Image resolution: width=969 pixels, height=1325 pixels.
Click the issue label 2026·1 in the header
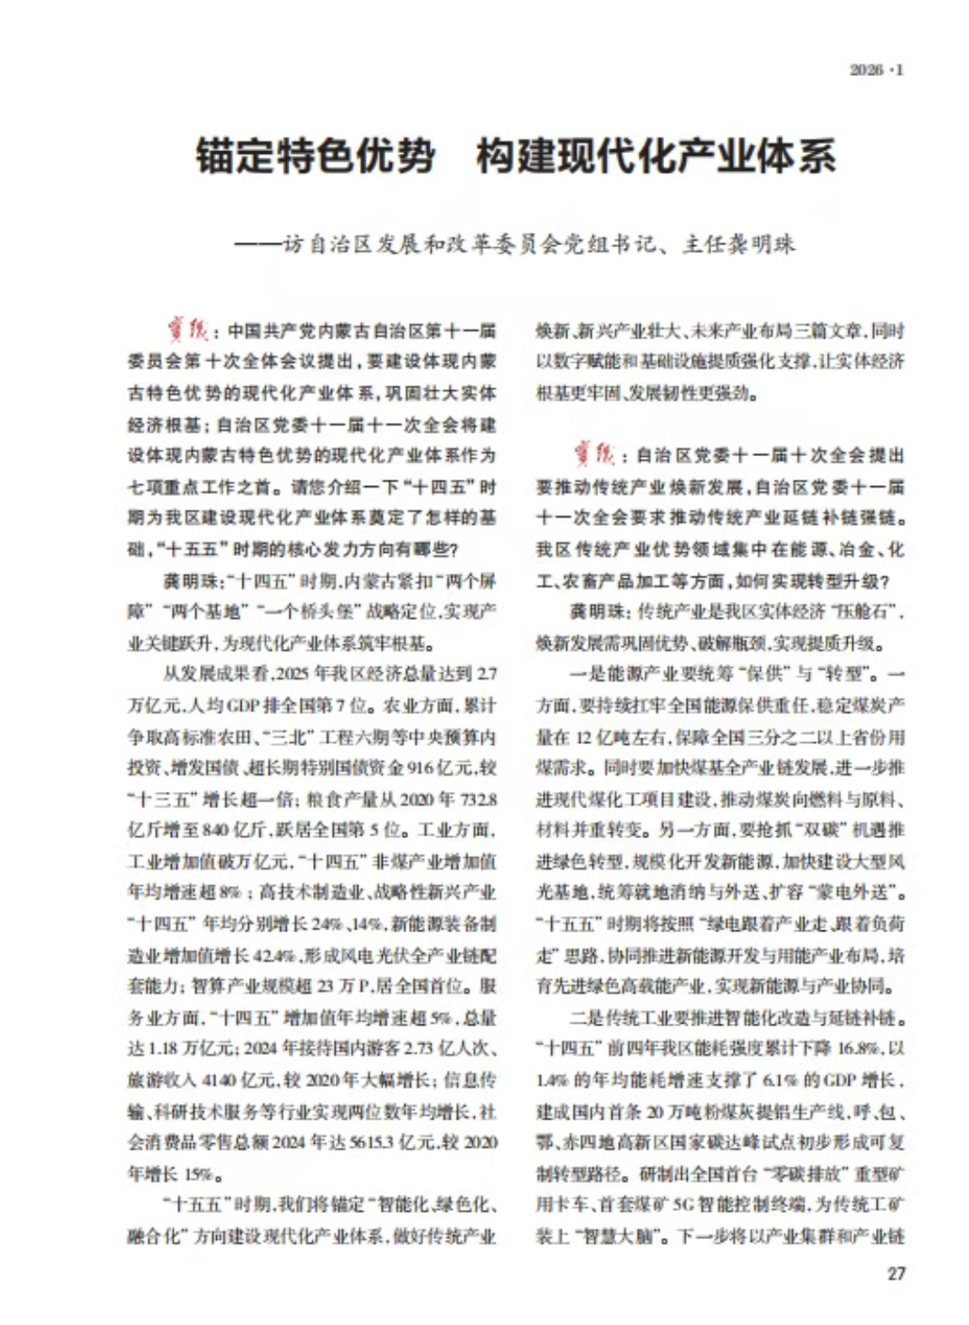click(875, 70)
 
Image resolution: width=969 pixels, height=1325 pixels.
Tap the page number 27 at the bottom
click(895, 1273)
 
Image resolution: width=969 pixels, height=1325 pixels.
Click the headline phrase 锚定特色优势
click(315, 156)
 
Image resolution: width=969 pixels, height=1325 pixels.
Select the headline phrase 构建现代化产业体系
click(656, 156)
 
